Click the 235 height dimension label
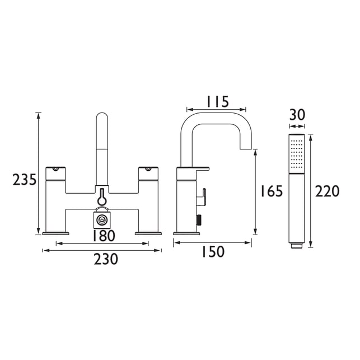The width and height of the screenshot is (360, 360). (24, 180)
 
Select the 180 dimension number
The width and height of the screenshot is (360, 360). (104, 236)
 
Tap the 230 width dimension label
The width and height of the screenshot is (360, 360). (106, 259)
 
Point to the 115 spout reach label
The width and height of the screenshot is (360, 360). (218, 102)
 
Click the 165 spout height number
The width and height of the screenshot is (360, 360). (272, 191)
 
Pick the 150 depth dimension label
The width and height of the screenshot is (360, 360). (213, 251)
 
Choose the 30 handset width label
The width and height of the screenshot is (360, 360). (297, 115)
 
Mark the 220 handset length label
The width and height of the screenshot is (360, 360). (327, 191)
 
